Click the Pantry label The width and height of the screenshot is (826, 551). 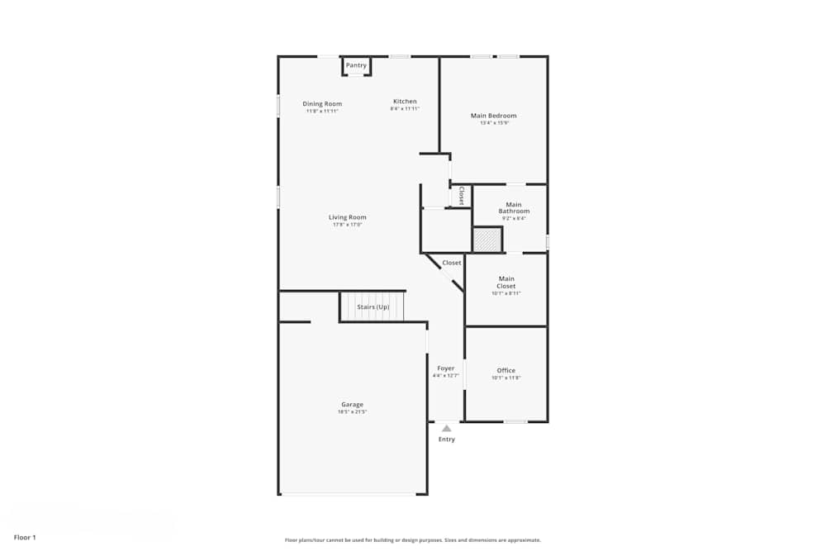click(x=356, y=65)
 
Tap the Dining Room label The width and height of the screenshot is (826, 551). click(x=322, y=104)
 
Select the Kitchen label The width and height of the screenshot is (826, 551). click(x=405, y=102)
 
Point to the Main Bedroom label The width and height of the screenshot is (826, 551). click(x=494, y=116)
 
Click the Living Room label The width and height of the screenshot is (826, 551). click(x=348, y=217)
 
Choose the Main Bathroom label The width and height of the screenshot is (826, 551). click(x=514, y=208)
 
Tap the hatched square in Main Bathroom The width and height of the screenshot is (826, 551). click(x=487, y=240)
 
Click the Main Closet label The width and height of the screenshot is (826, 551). click(x=506, y=283)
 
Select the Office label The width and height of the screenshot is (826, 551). click(x=506, y=371)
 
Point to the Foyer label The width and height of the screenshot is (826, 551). click(x=446, y=368)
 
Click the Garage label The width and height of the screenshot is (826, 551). click(x=353, y=405)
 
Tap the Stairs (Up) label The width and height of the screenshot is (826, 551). click(x=373, y=307)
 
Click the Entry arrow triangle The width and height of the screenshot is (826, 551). click(x=447, y=428)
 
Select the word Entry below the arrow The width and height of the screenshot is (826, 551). click(x=447, y=439)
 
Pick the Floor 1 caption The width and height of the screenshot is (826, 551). click(x=25, y=538)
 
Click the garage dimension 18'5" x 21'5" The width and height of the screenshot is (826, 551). click(x=353, y=411)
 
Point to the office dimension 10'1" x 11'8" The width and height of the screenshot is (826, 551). click(x=506, y=378)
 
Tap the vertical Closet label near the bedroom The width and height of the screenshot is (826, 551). click(x=461, y=196)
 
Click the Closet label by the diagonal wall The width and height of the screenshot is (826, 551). click(x=452, y=263)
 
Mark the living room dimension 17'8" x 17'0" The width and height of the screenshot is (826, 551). click(x=348, y=225)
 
